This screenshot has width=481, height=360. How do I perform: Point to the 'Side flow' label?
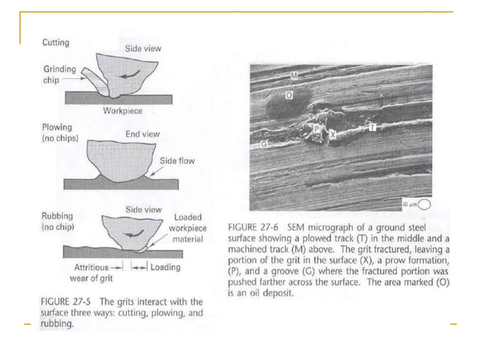(178, 160)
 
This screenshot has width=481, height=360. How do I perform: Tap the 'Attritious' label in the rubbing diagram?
(91, 267)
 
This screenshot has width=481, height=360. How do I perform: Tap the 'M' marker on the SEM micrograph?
(293, 76)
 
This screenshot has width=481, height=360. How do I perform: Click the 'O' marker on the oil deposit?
(290, 96)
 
